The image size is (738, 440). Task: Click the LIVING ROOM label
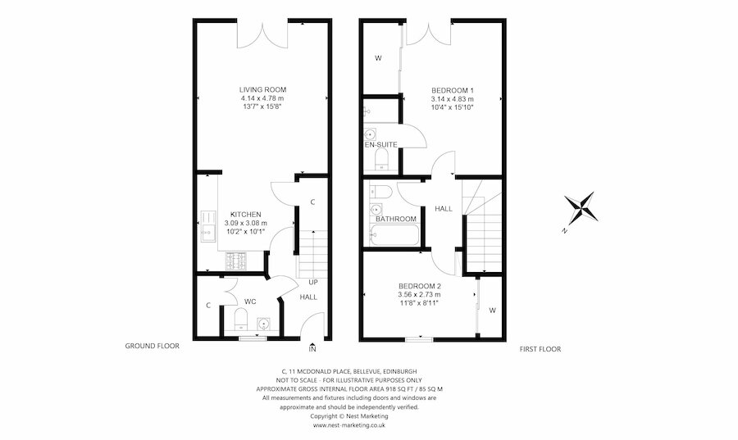262,89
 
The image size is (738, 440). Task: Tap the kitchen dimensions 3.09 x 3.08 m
245,223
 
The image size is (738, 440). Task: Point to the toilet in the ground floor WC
241,318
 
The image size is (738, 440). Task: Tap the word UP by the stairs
312,282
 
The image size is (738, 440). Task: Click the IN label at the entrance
312,350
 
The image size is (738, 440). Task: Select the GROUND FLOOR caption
152,346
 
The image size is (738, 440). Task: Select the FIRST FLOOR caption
540,349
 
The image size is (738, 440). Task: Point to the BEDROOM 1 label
453,89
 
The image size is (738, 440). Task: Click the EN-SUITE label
381,145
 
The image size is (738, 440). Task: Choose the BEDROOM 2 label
419,286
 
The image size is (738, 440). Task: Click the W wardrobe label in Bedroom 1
378,58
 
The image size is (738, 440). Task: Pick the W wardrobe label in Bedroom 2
492,311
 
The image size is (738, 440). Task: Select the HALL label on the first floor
444,209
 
